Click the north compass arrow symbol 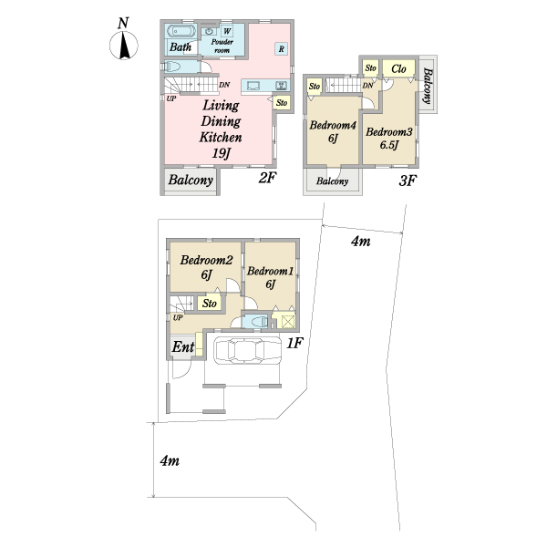pos(124,46)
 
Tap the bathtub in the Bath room pos(181,31)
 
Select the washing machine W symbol pos(227,31)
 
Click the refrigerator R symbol pos(281,49)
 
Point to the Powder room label pos(222,46)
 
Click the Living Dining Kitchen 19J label pos(221,129)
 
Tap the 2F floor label pos(267,179)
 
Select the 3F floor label pos(408,181)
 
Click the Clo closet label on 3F pos(398,68)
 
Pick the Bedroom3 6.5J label pos(389,139)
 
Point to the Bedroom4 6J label pos(333,131)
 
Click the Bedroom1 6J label pos(271,277)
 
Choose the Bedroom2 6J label pos(207,267)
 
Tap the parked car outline pos(247,351)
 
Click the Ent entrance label pos(183,346)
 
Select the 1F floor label pos(294,344)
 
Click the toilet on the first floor pos(255,321)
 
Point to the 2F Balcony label pos(191,180)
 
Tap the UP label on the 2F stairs pos(171,98)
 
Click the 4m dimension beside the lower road pos(170,460)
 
